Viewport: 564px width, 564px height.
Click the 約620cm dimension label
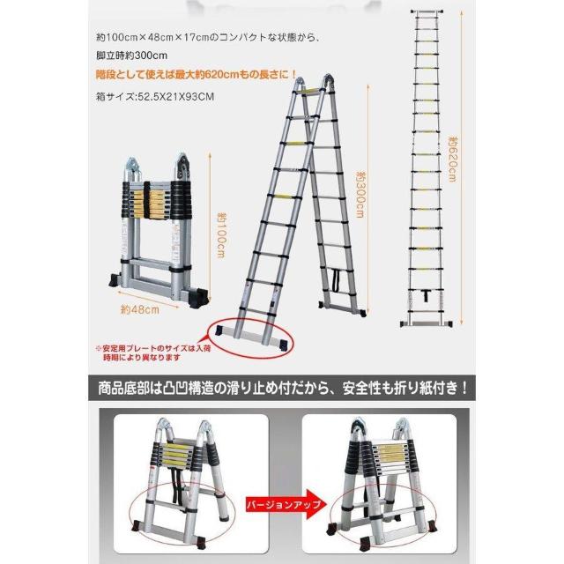click(452, 159)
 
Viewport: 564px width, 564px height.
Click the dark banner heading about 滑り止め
click(281, 384)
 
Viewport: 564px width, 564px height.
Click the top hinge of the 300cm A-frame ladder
click(315, 86)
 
